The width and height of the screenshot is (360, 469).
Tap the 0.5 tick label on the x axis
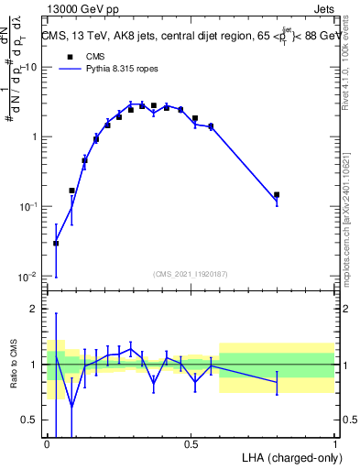191,443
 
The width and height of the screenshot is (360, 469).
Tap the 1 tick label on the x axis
334,443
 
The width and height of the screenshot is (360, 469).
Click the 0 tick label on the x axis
47,443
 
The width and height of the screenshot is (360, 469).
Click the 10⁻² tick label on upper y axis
28,276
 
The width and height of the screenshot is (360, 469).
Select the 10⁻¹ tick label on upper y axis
28,206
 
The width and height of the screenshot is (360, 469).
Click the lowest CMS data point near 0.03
56,243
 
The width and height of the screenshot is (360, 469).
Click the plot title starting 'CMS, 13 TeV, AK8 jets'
191,36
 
